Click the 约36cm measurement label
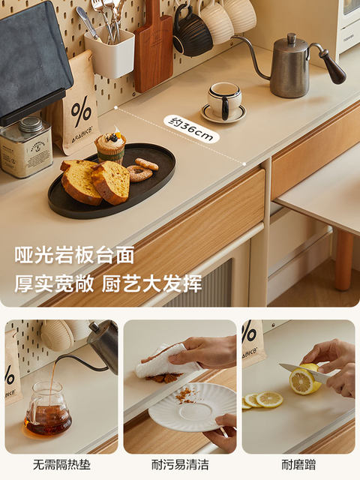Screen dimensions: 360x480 (192, 129)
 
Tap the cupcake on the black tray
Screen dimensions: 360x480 (110, 145)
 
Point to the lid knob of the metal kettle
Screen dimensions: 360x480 (292, 38)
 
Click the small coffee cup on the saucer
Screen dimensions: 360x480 (225, 100)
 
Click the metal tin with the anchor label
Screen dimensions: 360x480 (26, 148)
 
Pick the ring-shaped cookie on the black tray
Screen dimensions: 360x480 (140, 173)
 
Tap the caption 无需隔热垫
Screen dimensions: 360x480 (61, 464)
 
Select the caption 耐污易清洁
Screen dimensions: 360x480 (180, 464)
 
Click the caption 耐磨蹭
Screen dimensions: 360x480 (298, 464)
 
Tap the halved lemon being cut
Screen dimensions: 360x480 (304, 380)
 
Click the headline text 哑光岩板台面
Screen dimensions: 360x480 (74, 255)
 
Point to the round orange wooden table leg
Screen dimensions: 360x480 (343, 260)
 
